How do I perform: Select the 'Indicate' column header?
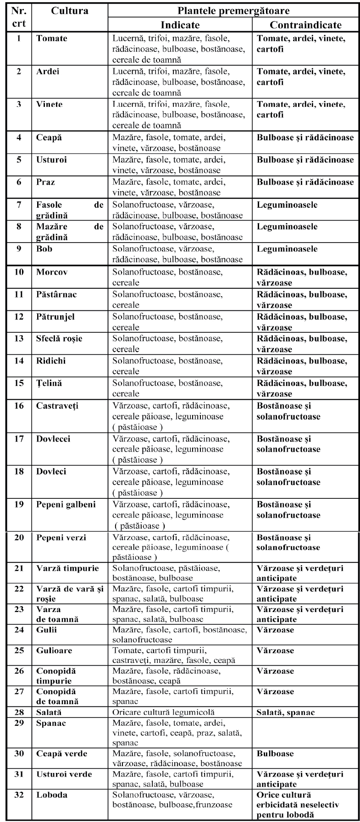(180, 25)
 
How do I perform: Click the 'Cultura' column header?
(70, 11)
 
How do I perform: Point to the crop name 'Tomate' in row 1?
(51, 39)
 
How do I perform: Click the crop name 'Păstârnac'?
(57, 294)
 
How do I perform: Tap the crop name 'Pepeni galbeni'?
(66, 505)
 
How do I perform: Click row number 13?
(19, 339)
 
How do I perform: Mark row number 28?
(19, 712)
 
